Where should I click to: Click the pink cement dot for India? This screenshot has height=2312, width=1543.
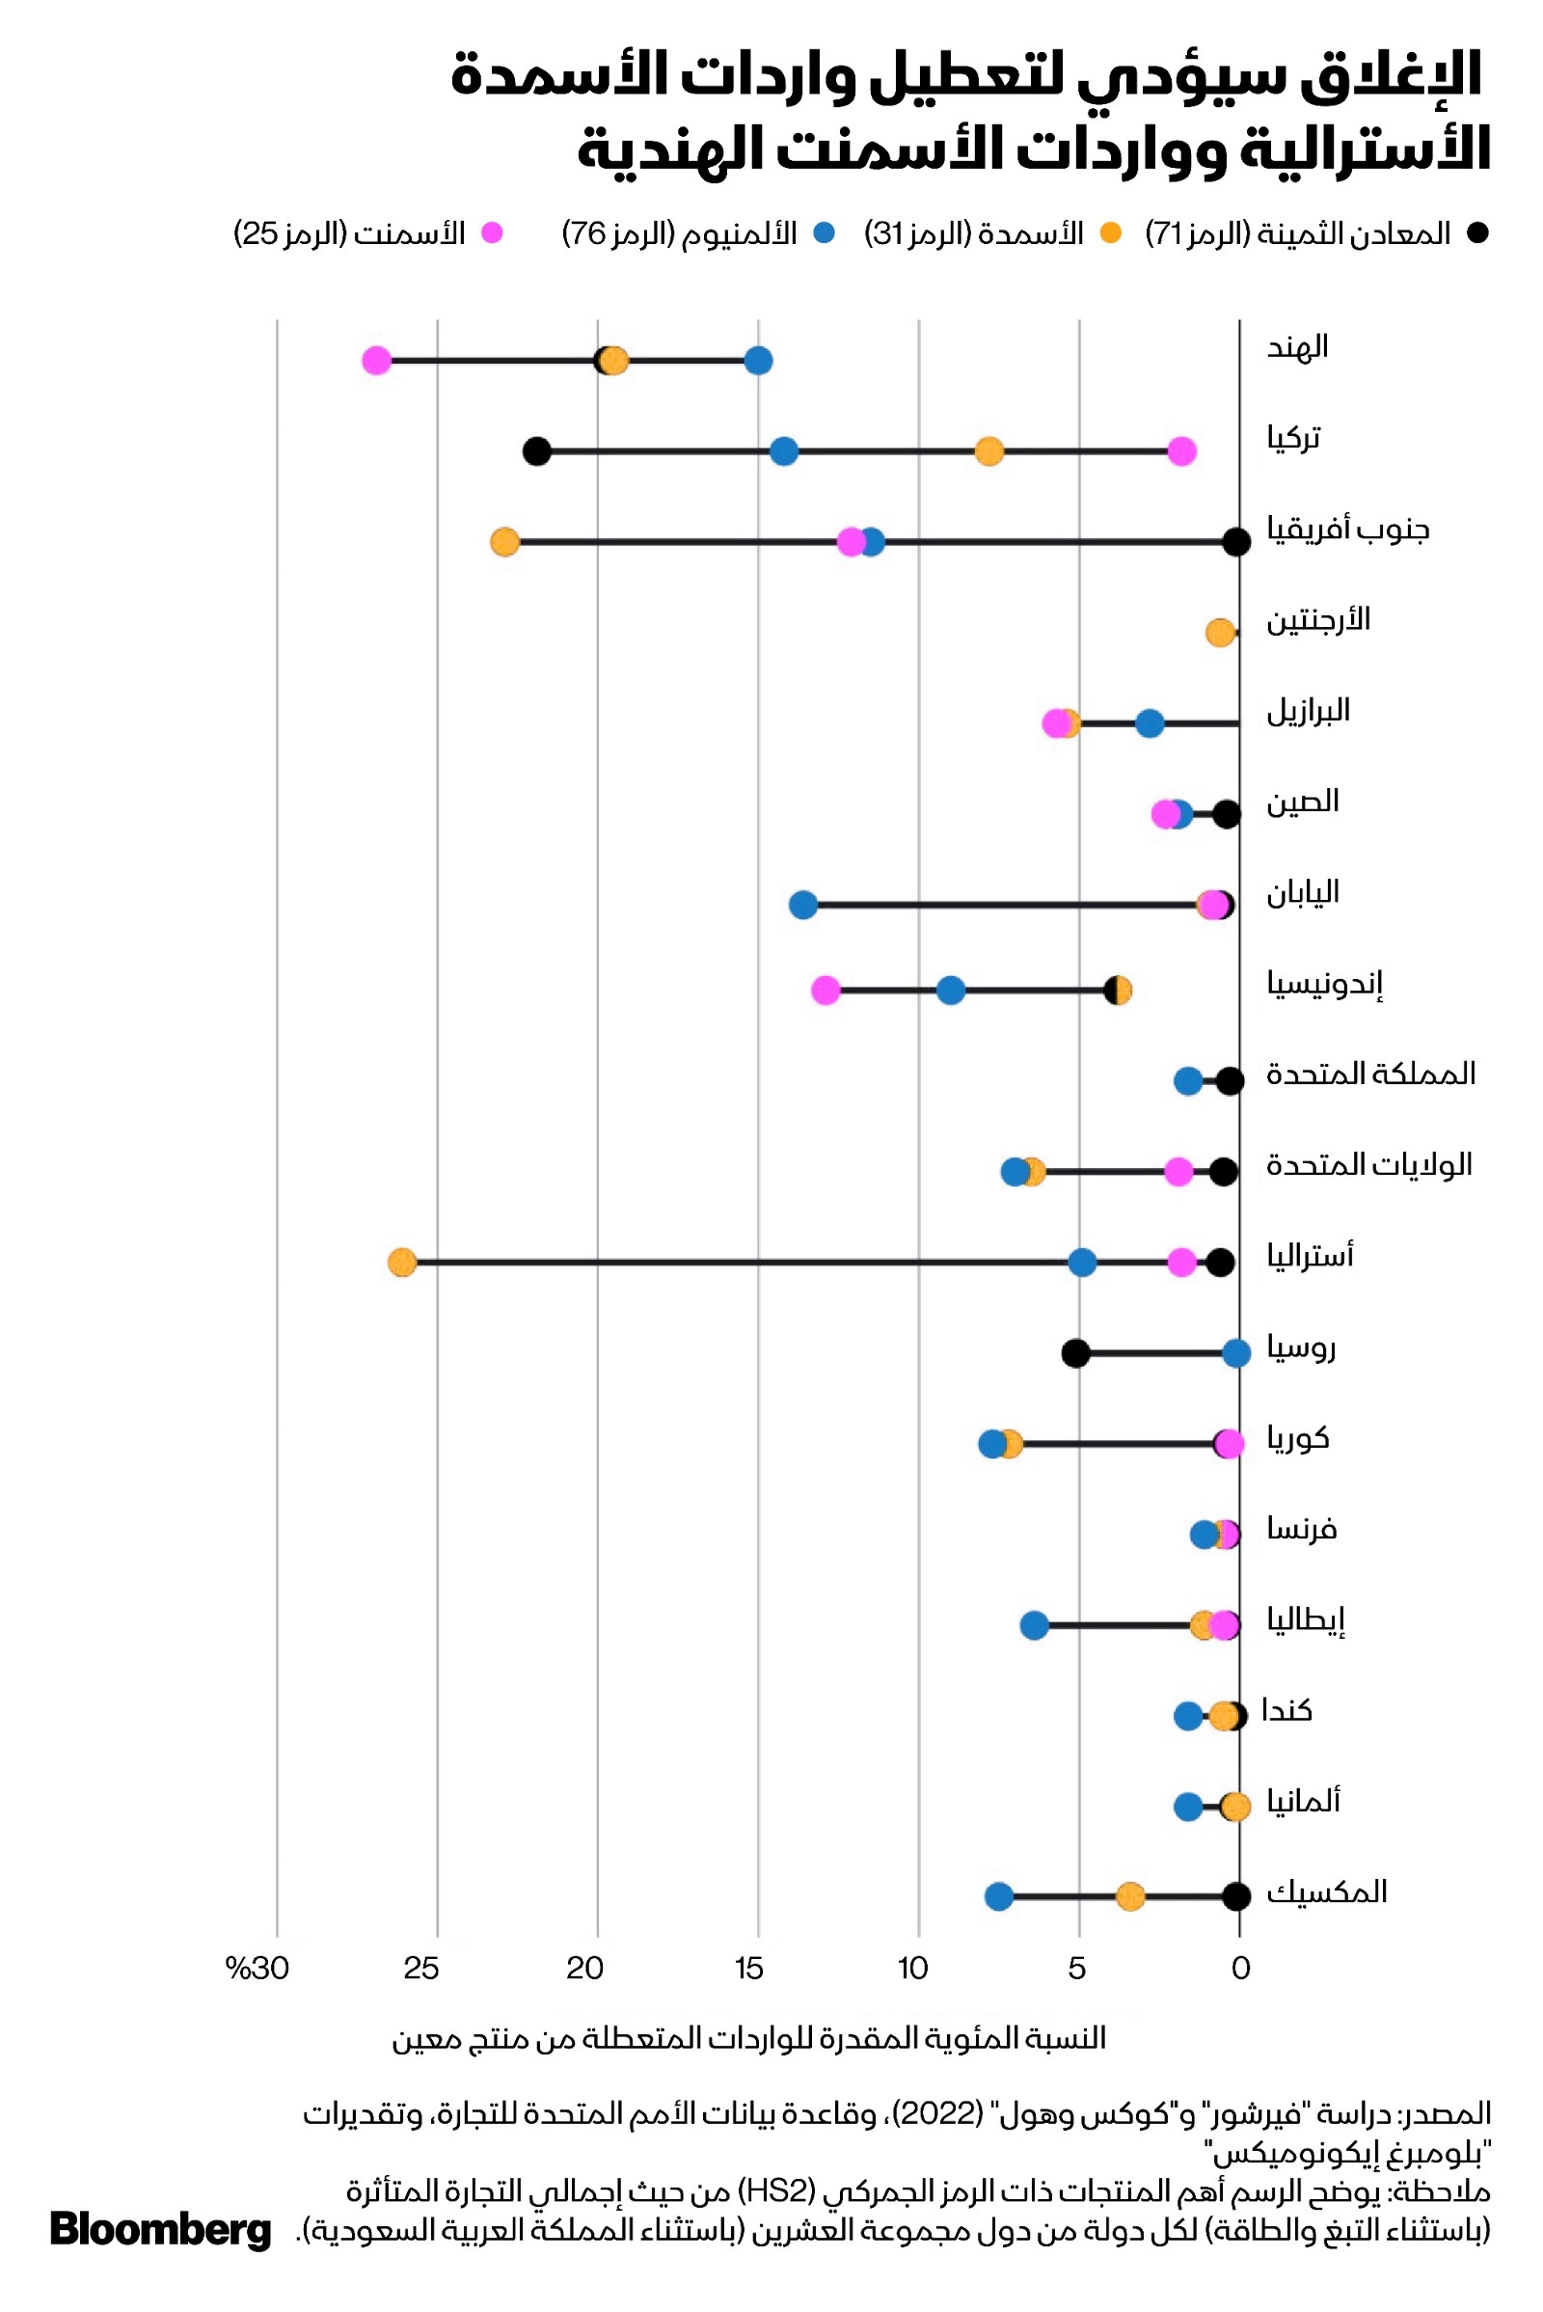(x=376, y=361)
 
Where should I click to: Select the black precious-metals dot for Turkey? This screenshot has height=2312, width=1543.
(x=536, y=451)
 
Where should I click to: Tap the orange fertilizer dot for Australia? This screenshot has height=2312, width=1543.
(x=401, y=1263)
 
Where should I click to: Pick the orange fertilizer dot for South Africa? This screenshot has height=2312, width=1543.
(x=504, y=541)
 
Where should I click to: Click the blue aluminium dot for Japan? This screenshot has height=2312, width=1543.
(x=803, y=905)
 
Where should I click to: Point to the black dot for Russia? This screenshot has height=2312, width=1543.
(x=1075, y=1353)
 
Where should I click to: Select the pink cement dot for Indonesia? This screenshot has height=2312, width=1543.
(x=826, y=992)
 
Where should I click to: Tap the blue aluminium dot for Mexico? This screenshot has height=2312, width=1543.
(x=999, y=1896)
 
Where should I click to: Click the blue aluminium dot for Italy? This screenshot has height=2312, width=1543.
(x=1034, y=1626)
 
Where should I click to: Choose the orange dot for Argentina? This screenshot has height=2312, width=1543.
(x=1220, y=633)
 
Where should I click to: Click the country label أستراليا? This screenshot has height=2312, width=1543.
(x=1310, y=1257)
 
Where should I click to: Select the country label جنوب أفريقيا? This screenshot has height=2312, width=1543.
(x=1347, y=530)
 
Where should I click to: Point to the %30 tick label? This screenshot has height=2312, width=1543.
(x=257, y=1969)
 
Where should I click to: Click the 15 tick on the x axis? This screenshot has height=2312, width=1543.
(x=748, y=1969)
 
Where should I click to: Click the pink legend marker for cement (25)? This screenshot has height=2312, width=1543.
(x=492, y=233)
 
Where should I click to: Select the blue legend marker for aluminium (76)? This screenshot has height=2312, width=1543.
(x=825, y=233)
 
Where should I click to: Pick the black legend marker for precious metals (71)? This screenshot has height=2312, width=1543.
(x=1477, y=233)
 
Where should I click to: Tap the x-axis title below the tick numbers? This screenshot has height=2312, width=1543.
(x=749, y=2038)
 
